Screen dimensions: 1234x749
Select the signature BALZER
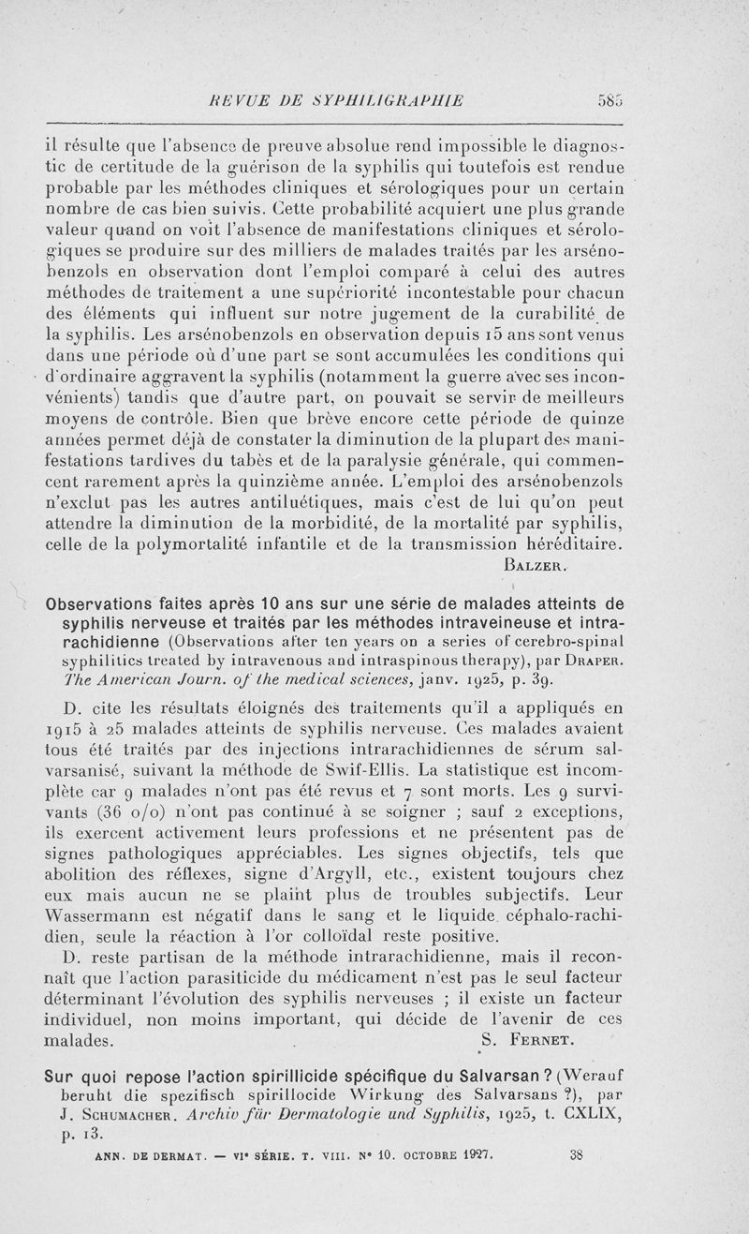point(535,565)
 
